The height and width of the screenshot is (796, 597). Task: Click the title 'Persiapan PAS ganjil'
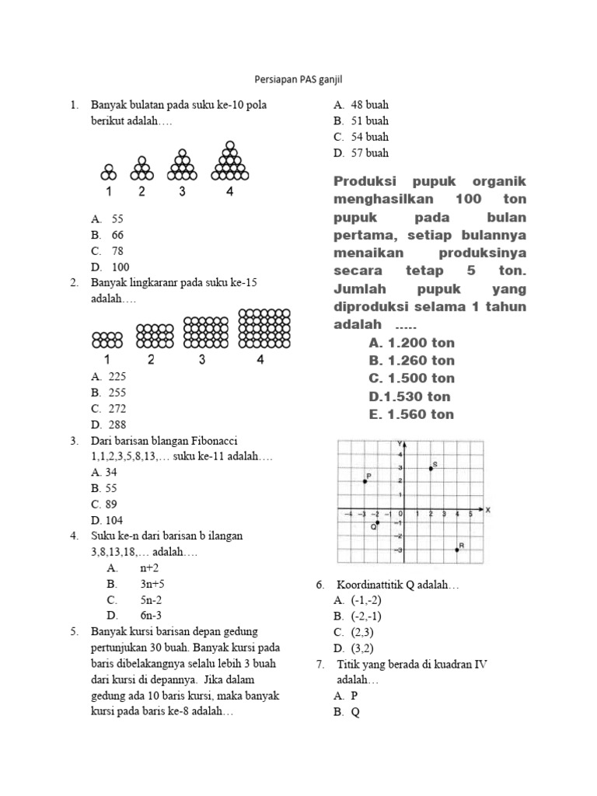tap(298, 79)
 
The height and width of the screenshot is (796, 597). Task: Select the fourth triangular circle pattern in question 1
tap(229, 159)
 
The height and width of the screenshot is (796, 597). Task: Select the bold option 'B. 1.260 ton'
tap(412, 361)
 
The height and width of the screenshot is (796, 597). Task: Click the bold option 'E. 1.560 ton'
tap(411, 414)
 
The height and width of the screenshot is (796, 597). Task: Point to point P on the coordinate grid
tap(364, 481)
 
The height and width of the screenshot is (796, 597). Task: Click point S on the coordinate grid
tap(431, 468)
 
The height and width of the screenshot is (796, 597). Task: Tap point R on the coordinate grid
tap(457, 550)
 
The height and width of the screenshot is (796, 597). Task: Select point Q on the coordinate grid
tap(377, 522)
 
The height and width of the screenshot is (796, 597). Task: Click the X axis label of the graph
tap(488, 510)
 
